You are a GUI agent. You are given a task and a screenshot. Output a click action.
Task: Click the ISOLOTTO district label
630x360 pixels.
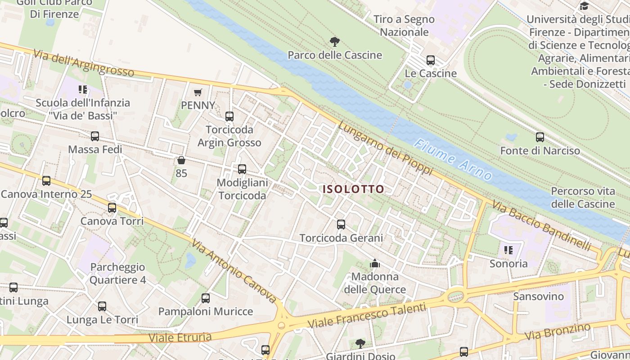(x=353, y=189)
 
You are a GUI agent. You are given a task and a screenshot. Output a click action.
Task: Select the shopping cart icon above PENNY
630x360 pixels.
(x=198, y=93)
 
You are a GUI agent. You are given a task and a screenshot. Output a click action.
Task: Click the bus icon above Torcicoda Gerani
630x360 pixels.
(x=341, y=224)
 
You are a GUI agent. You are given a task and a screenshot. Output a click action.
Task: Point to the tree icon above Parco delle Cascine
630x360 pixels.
(x=334, y=42)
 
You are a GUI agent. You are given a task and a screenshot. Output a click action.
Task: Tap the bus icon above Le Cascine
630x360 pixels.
(x=431, y=60)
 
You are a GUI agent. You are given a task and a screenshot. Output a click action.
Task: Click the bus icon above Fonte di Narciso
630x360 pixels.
(x=540, y=137)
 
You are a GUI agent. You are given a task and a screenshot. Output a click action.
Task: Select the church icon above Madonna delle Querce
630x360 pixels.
(x=374, y=263)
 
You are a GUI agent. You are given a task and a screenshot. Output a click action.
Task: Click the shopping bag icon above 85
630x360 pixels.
(x=181, y=160)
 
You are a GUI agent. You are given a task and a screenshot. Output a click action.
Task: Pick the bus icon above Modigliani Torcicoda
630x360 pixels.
(x=242, y=169)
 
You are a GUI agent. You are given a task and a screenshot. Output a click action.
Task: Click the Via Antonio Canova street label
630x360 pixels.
(x=234, y=271)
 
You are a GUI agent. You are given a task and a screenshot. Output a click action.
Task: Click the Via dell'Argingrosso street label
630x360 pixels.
(x=84, y=63)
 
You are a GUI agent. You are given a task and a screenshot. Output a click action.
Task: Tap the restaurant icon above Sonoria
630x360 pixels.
(x=508, y=250)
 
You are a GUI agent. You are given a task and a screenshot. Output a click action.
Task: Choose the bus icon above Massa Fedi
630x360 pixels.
(x=95, y=136)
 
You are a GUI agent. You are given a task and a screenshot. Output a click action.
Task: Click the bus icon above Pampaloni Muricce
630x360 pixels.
(x=206, y=298)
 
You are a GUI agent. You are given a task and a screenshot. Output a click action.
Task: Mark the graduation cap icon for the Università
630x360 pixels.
(x=584, y=6)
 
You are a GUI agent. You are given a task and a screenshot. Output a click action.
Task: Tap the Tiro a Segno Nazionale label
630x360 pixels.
(x=404, y=26)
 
